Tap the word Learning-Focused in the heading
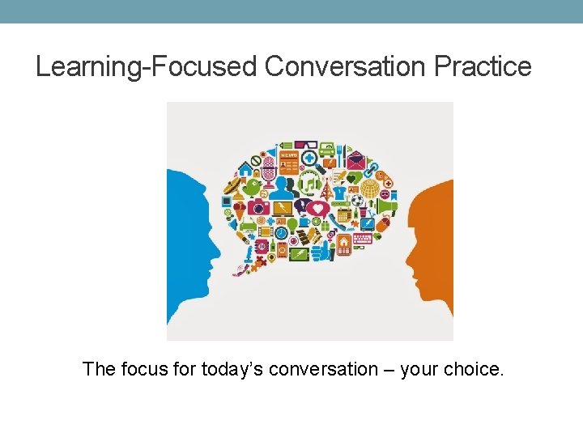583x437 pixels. coord(147,66)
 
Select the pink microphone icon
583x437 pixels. coord(269,171)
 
